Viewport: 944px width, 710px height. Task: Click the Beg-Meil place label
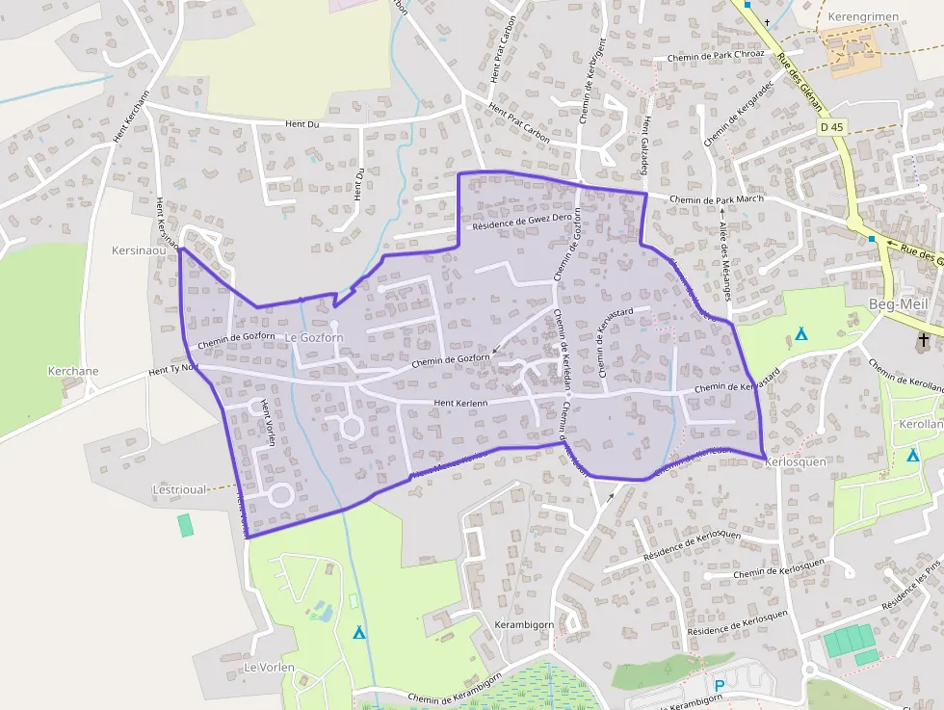coord(896,304)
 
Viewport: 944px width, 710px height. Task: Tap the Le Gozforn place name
coord(314,337)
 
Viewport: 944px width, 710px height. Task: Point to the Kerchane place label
coord(73,371)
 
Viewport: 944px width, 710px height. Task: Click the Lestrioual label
coord(179,489)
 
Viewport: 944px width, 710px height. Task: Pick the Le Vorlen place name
coord(269,667)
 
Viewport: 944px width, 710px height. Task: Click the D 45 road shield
coord(831,126)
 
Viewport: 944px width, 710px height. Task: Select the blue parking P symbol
coord(719,685)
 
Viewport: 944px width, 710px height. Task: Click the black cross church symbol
coord(924,339)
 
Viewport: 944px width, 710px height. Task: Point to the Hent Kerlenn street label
coord(461,403)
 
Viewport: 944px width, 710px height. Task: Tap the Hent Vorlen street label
coord(268,424)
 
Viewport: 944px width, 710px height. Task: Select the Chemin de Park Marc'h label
coord(716,199)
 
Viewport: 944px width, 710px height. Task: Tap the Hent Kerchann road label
coord(132,117)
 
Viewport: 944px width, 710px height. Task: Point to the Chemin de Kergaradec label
coord(739,113)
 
